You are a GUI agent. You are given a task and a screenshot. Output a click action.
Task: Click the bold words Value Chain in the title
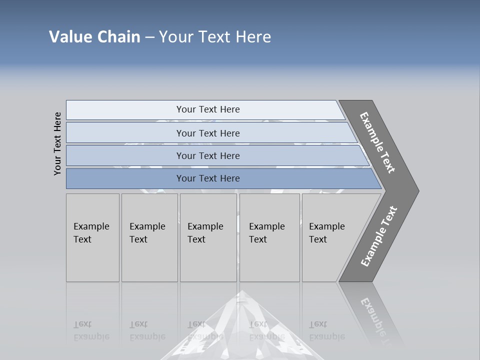click(94, 37)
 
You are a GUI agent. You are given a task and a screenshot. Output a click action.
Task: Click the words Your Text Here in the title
click(215, 37)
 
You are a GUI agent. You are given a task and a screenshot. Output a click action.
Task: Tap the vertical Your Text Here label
click(57, 144)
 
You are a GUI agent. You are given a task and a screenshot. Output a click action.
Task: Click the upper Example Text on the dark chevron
click(377, 142)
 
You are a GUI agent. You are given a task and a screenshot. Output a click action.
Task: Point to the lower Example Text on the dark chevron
click(379, 236)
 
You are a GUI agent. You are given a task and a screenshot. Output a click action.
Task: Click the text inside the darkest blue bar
click(208, 178)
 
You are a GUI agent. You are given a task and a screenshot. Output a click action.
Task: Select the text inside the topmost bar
click(208, 109)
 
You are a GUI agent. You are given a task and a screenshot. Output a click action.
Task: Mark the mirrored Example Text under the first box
click(91, 330)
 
